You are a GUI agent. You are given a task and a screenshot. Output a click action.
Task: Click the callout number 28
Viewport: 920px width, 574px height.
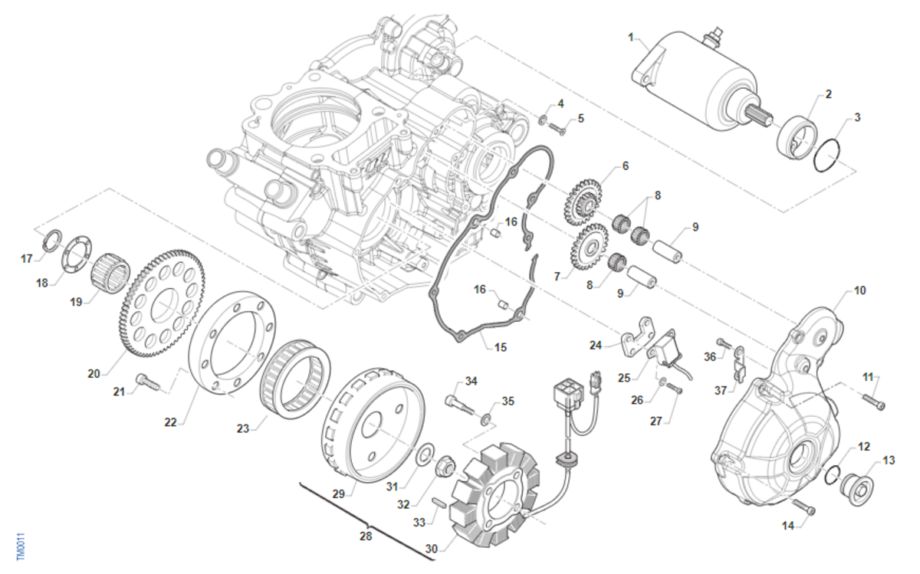tap(366, 536)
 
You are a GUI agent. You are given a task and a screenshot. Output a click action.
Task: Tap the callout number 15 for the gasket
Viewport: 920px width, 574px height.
tap(500, 347)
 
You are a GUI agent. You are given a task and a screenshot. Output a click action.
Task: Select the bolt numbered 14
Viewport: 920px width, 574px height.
tap(802, 507)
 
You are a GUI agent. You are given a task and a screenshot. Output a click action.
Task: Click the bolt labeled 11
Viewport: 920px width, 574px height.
tap(873, 402)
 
